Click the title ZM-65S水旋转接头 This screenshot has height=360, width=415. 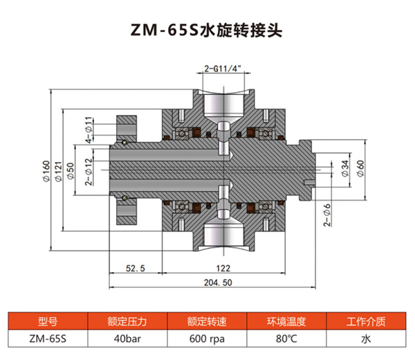click(207, 31)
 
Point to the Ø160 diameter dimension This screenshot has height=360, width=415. click(46, 170)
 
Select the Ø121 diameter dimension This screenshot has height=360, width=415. click(58, 170)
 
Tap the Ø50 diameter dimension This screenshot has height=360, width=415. click(71, 170)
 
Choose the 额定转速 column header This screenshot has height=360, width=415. click(207, 321)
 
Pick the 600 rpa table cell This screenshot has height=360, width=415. click(207, 339)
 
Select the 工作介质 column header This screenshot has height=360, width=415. click(366, 321)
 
